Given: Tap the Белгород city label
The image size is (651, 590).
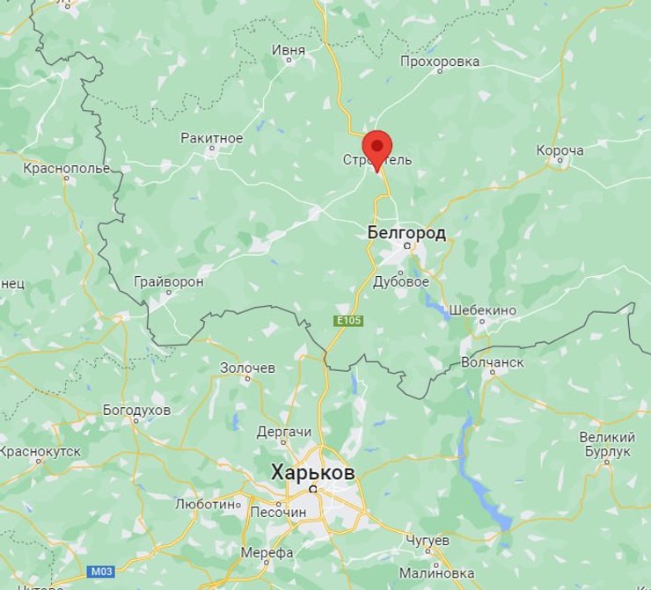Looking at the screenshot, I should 406,232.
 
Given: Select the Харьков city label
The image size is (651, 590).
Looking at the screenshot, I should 313,473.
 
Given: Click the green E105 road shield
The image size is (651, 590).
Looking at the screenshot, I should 348,321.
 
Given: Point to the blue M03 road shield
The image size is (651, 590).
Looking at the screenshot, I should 101,572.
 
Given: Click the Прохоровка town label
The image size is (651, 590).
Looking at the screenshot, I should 439,62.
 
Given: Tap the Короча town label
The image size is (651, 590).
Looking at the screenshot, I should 560,150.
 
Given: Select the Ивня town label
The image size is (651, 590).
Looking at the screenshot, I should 288,50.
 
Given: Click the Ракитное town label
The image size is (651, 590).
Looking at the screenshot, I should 211,138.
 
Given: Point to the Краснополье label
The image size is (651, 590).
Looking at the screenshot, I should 67,168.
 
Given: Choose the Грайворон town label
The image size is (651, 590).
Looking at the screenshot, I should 168,281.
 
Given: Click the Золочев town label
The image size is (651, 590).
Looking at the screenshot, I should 247,368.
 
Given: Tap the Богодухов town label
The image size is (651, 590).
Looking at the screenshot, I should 136,410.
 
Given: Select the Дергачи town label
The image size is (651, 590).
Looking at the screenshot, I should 283,432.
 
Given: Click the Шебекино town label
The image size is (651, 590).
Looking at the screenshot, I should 482,310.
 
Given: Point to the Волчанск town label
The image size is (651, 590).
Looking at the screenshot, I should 492,362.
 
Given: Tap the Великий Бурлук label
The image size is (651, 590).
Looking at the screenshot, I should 607,444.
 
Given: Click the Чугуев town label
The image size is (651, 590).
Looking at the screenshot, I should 428,539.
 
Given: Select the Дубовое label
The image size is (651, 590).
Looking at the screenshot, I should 401,281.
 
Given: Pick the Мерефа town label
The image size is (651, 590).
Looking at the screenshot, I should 267,552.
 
